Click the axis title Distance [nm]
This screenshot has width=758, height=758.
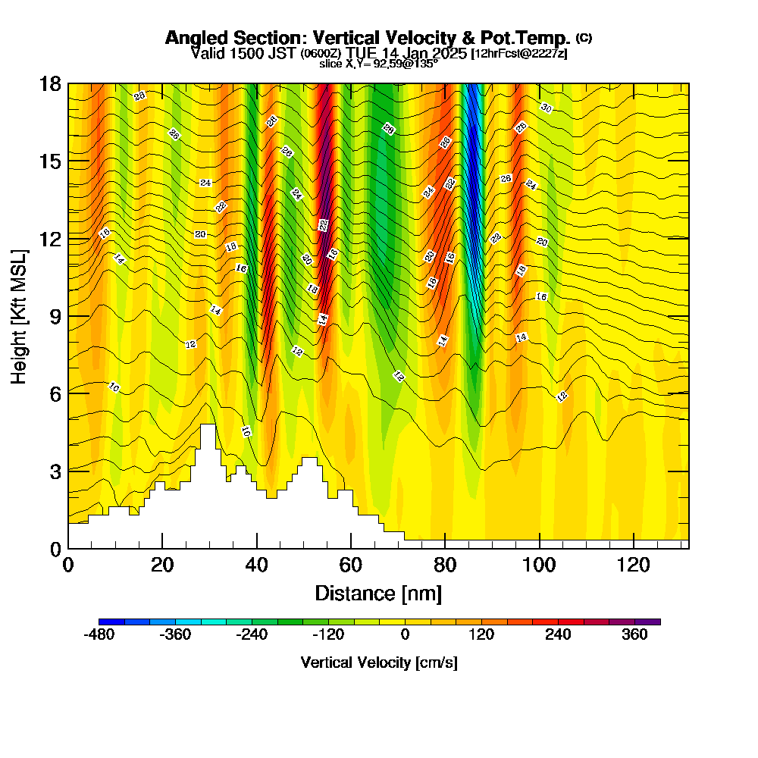tap(378, 593)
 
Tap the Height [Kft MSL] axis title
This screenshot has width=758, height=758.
tap(19, 315)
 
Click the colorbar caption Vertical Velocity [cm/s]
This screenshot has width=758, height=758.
tap(379, 662)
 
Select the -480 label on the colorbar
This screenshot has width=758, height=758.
tap(99, 635)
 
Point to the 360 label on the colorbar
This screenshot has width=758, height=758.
tap(634, 635)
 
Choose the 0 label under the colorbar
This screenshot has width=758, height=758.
tap(405, 635)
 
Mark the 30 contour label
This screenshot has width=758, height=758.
tap(547, 108)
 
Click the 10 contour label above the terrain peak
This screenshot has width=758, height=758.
tap(246, 431)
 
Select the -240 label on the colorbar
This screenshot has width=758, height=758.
tap(252, 635)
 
